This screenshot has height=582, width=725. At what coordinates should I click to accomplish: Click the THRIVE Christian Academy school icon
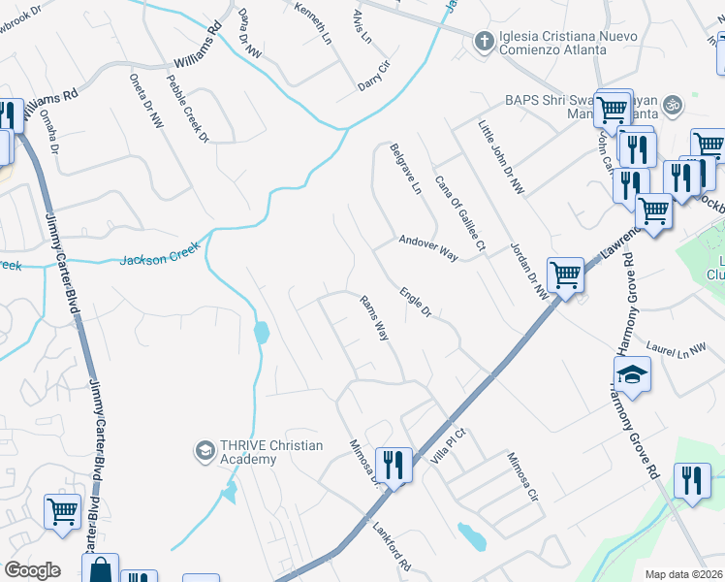(x=205, y=450)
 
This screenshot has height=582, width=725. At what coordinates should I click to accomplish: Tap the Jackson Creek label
(x=160, y=255)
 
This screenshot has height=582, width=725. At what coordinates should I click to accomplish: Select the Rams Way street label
(x=374, y=317)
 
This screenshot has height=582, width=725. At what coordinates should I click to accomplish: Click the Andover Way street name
(x=427, y=247)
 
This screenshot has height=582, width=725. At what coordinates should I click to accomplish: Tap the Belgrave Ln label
(x=405, y=169)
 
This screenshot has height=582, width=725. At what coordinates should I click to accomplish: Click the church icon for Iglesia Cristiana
(x=483, y=40)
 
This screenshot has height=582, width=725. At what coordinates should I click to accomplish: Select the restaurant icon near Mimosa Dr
(x=394, y=465)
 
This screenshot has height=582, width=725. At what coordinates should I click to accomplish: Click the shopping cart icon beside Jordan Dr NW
(x=565, y=275)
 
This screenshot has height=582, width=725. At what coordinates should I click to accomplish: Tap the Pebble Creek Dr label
(x=188, y=110)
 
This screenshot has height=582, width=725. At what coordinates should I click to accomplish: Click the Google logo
(x=33, y=570)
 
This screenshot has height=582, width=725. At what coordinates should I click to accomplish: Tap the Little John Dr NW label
(x=500, y=157)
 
